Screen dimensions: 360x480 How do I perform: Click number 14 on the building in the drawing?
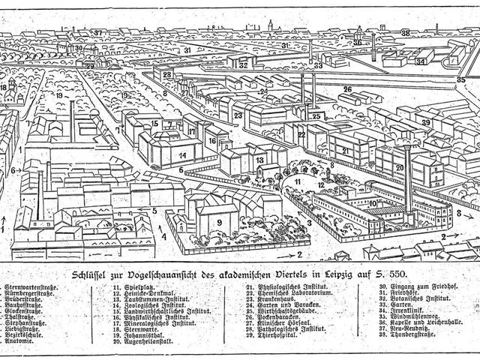182,155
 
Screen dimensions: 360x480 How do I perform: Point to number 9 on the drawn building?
220,222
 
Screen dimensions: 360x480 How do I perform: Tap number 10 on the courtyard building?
373,203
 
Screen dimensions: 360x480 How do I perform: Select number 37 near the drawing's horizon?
98,33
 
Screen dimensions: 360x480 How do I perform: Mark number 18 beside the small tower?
4,87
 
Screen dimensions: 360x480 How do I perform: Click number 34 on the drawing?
421,61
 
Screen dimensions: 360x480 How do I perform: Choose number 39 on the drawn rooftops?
425,122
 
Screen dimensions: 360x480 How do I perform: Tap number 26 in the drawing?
347,90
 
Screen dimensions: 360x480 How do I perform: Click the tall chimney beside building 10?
407,180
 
